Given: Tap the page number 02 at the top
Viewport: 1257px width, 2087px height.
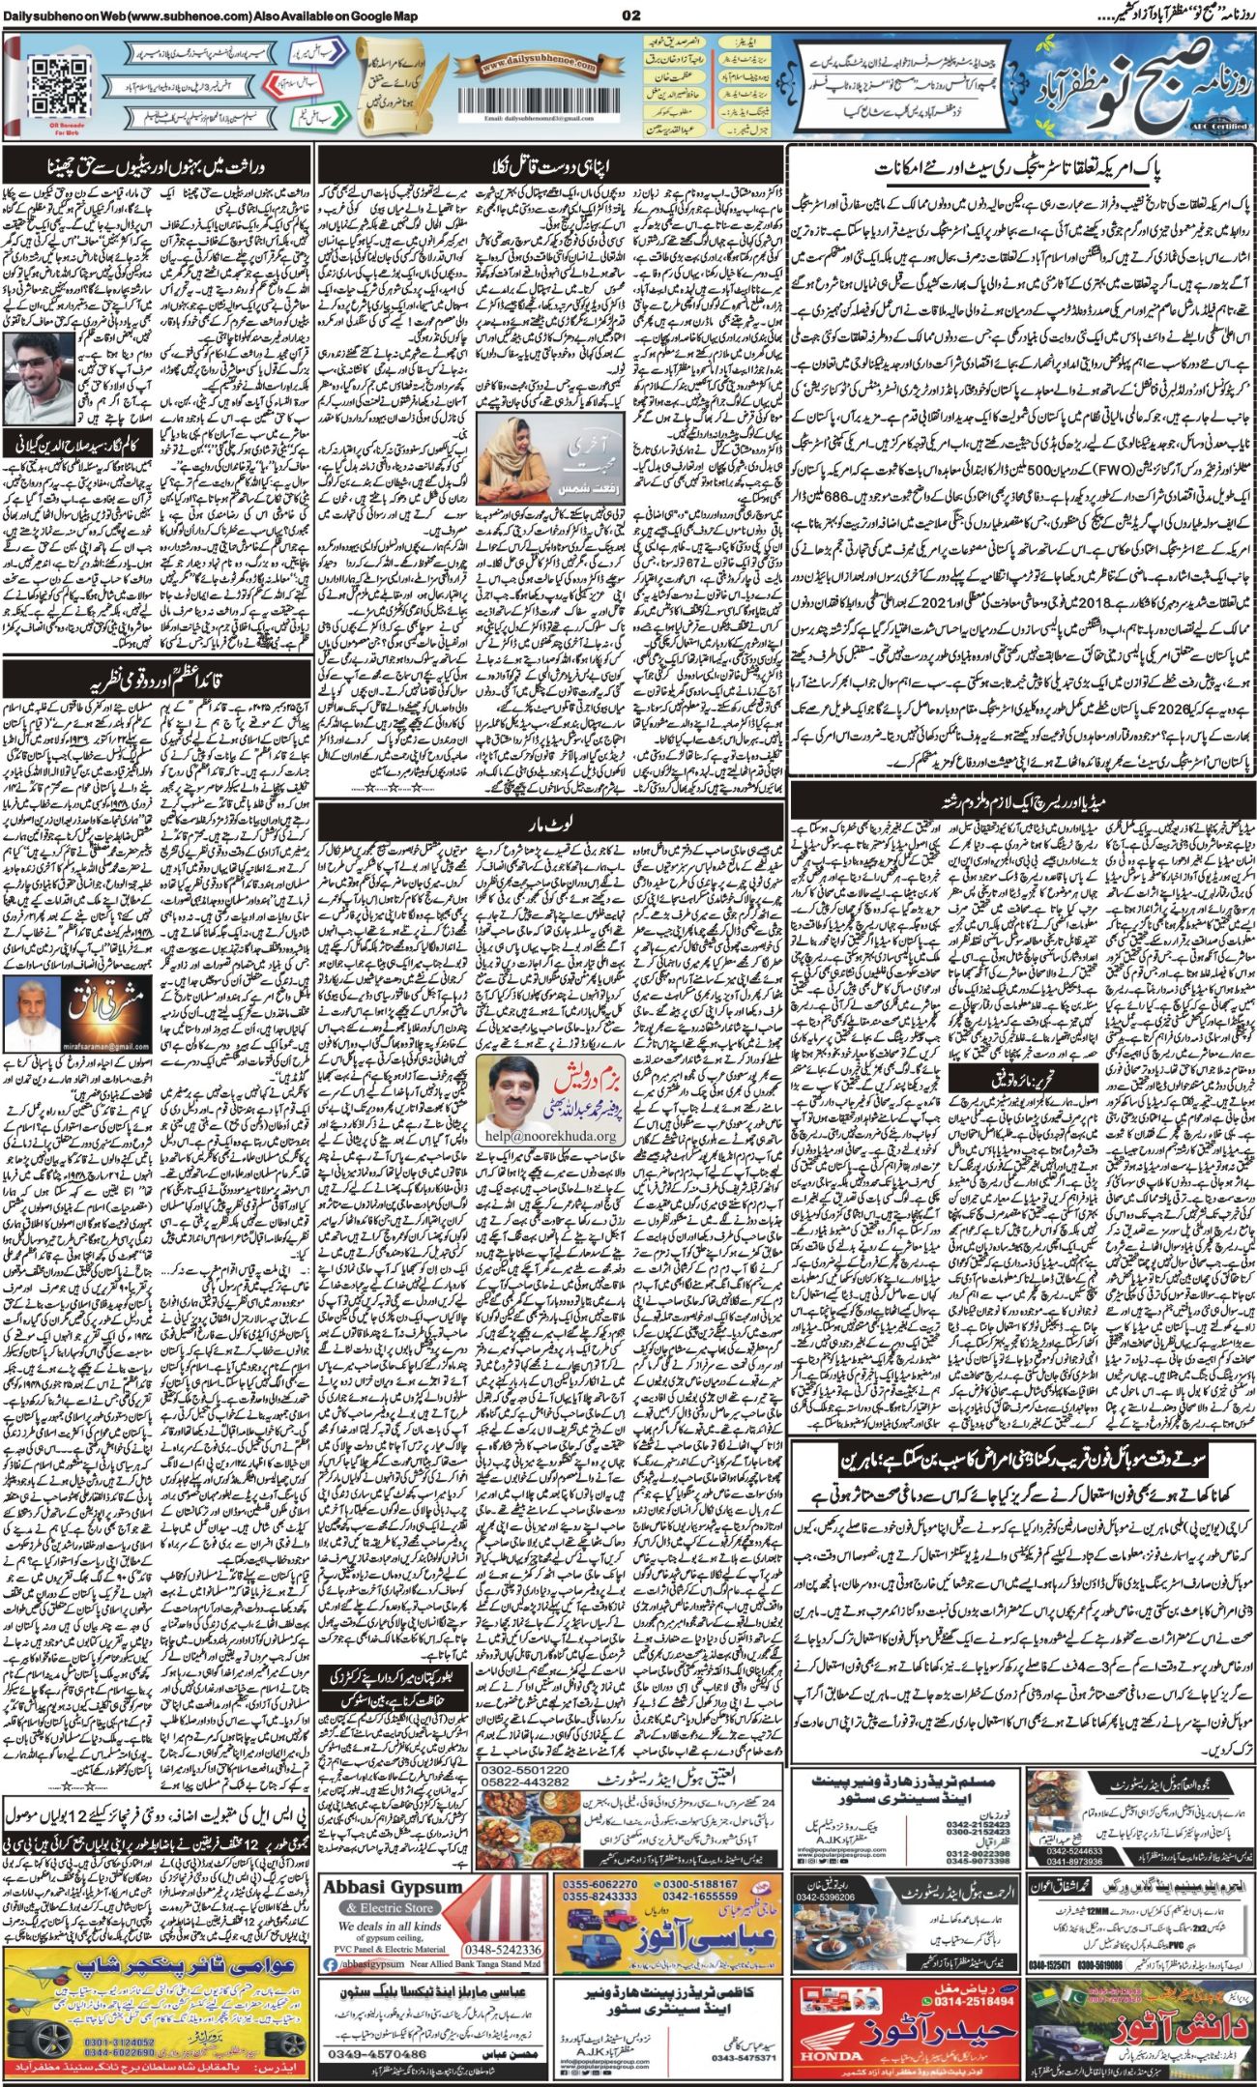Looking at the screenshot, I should (631, 14).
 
